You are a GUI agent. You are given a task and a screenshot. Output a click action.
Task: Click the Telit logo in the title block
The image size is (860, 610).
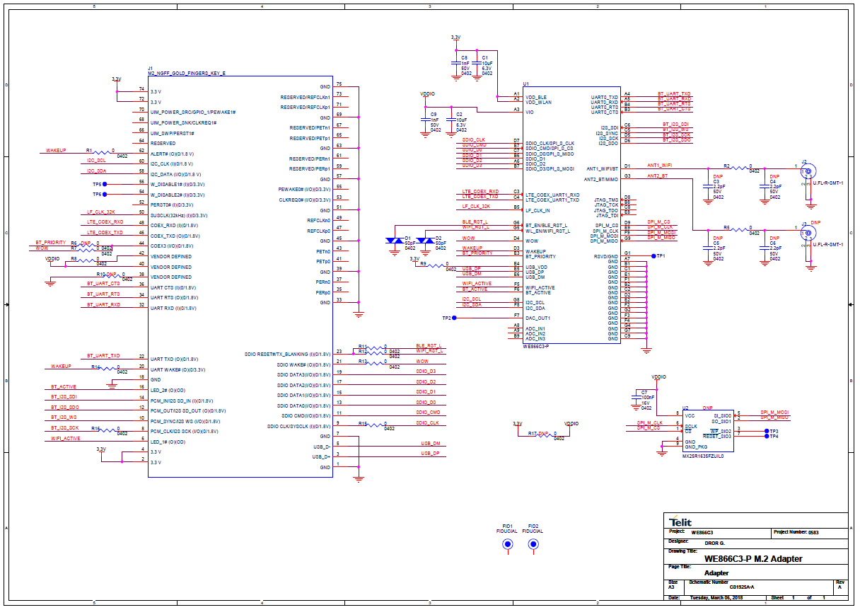(x=682, y=522)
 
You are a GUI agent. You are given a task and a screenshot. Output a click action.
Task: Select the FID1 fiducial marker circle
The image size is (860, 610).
(x=507, y=544)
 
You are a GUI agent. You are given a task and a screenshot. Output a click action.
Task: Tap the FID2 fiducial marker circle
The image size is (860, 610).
(x=533, y=544)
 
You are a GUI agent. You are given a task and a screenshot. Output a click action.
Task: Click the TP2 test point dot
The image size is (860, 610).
(x=455, y=318)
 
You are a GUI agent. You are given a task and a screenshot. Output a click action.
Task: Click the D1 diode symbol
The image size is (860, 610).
(x=393, y=241)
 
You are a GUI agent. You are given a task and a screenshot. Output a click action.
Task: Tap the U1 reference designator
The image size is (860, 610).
(x=526, y=83)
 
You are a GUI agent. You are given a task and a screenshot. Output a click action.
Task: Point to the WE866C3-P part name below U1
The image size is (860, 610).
(x=536, y=347)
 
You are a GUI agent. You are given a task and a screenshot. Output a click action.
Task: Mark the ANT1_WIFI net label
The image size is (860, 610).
(x=659, y=165)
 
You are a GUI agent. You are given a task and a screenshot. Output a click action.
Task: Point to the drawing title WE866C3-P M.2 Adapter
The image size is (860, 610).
(x=748, y=559)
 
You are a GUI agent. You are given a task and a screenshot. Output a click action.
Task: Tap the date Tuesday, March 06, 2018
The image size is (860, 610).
(x=716, y=598)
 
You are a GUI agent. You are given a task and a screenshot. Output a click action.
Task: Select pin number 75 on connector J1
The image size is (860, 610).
(x=339, y=84)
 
